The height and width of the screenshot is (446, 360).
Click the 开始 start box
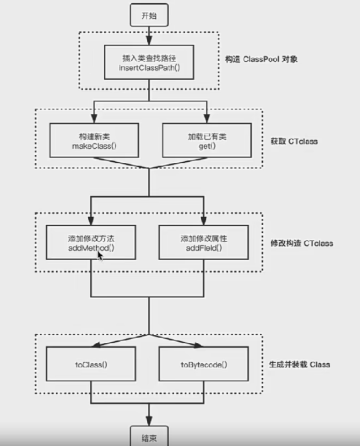pyautogui.click(x=149, y=16)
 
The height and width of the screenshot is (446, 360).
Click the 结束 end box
pyautogui.click(x=149, y=437)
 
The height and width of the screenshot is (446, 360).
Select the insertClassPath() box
pyautogui.click(x=149, y=62)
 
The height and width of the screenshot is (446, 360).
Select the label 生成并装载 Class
pyautogui.click(x=299, y=365)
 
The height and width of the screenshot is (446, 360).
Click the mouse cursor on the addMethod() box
pyautogui.click(x=100, y=255)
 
